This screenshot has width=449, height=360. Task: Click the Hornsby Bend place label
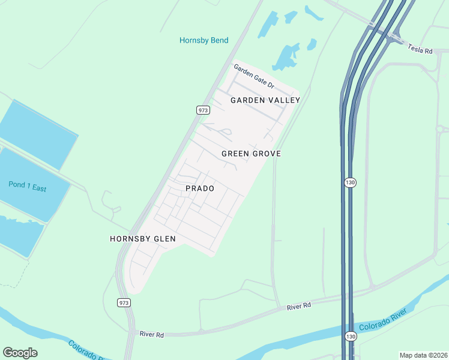click(x=203, y=40)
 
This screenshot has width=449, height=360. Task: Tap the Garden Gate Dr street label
click(x=253, y=77)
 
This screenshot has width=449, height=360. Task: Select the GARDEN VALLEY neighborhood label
click(x=265, y=100)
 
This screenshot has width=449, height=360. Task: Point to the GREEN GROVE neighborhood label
click(x=251, y=154)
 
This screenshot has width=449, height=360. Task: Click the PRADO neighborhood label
click(x=200, y=188)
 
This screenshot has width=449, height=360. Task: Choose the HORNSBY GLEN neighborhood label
click(x=142, y=239)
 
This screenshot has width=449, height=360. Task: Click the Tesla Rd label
click(x=420, y=49)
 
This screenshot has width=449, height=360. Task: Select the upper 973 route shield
click(x=203, y=110)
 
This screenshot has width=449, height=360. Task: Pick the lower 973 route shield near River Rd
click(x=124, y=302)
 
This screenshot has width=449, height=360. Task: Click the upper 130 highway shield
click(x=350, y=182)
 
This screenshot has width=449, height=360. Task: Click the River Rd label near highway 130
click(x=298, y=306)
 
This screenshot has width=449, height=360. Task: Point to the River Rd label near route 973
click(x=151, y=334)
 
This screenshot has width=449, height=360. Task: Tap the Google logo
click(x=20, y=353)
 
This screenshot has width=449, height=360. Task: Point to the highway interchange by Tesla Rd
click(x=390, y=33)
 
